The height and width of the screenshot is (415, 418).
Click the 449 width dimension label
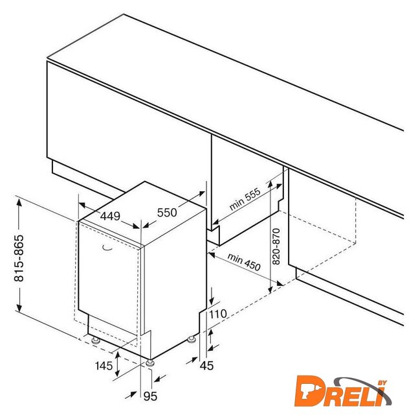pyautogui.click(x=110, y=216)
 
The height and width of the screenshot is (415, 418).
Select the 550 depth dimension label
pyautogui.click(x=167, y=213)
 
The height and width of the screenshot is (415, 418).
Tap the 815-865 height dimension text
pyautogui.click(x=19, y=258)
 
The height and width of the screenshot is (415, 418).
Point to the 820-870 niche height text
pyautogui.click(x=276, y=246)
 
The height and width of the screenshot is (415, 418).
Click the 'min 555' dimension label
pyautogui.click(x=245, y=199)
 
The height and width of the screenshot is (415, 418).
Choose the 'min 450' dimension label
pyautogui.click(x=244, y=262)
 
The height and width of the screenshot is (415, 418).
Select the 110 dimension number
pyautogui.click(x=218, y=314)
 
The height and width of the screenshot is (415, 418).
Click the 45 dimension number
pyautogui.click(x=206, y=366)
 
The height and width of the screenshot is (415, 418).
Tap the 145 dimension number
pyautogui.click(x=104, y=366)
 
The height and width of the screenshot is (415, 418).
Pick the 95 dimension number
pyautogui.click(x=150, y=396)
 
